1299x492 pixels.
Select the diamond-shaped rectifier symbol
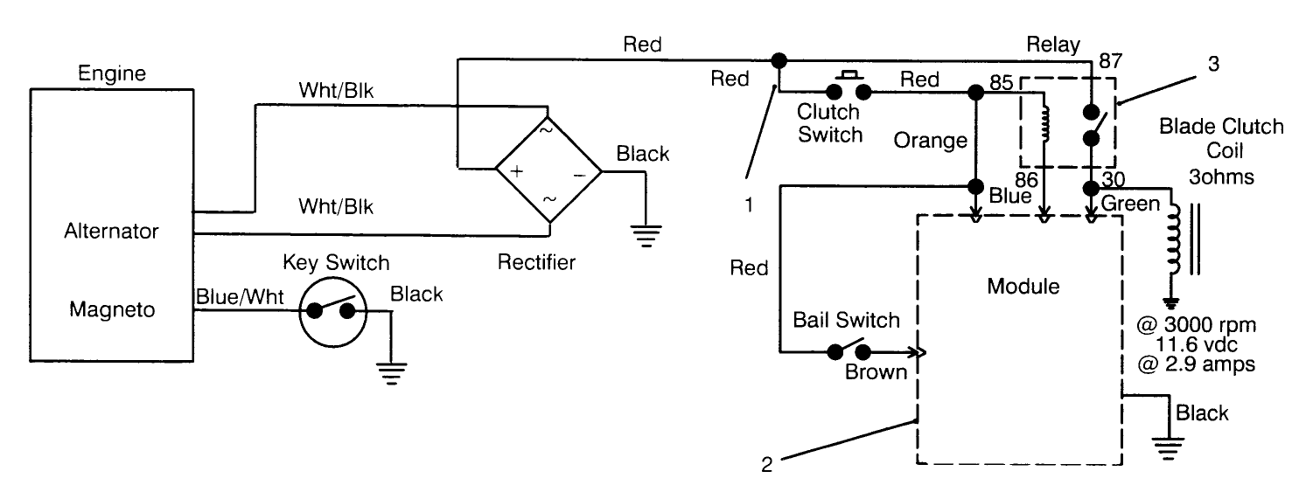[548, 171]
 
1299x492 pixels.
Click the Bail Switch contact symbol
[847, 352]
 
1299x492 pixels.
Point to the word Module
[1016, 286]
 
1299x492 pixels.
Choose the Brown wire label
[875, 373]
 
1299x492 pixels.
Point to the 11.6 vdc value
[1196, 345]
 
